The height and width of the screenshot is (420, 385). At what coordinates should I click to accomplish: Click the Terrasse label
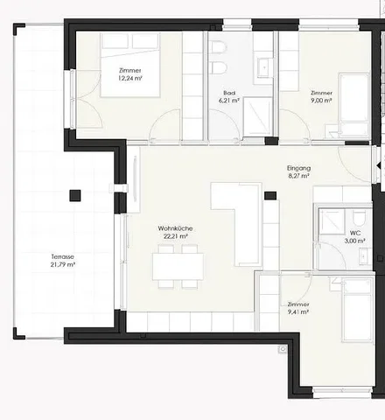(x=63, y=257)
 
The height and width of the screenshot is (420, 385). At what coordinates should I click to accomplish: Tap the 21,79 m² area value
(x=63, y=265)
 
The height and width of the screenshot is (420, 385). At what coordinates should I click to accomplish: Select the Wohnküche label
(x=175, y=228)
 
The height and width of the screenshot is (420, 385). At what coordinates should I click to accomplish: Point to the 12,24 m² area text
(x=130, y=78)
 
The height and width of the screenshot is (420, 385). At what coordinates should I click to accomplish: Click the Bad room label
(x=229, y=93)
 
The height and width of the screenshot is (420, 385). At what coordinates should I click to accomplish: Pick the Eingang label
(x=299, y=168)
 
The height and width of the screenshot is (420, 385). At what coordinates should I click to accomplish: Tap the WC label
(x=355, y=233)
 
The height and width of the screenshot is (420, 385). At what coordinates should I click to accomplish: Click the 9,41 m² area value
(x=298, y=312)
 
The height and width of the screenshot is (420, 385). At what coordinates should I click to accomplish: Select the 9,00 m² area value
(x=321, y=101)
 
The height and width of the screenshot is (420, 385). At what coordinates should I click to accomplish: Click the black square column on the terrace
(x=75, y=196)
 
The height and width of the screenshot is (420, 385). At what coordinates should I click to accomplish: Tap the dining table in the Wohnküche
(x=178, y=267)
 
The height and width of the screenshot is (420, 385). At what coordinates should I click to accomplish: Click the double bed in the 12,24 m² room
(x=130, y=65)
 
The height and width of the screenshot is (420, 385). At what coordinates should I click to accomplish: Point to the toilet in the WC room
(x=357, y=217)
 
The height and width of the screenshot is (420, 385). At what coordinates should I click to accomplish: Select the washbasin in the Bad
(x=264, y=67)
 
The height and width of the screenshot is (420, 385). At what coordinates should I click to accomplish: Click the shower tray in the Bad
(x=257, y=116)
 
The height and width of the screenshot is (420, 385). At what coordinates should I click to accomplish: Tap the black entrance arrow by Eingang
(x=379, y=166)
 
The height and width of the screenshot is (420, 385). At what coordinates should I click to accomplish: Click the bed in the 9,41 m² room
(x=358, y=309)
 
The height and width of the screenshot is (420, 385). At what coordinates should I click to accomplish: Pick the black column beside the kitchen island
(x=270, y=195)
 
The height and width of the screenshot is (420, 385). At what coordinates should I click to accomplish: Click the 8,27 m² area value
(x=298, y=176)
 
